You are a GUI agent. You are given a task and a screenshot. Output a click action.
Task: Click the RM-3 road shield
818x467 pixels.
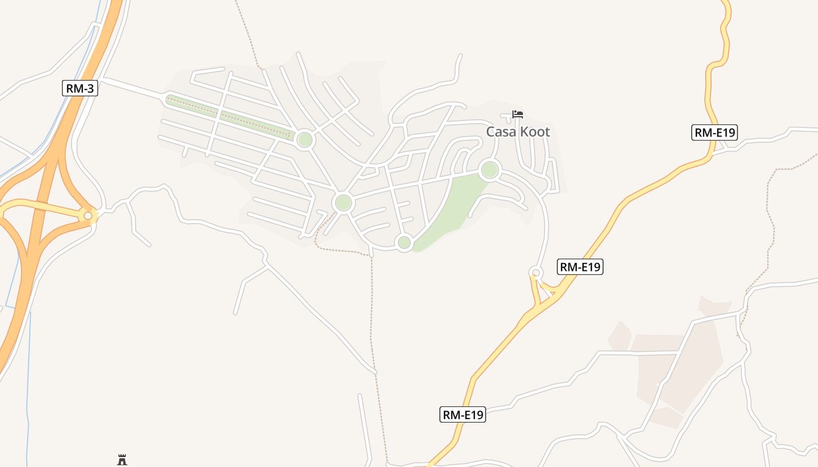79,89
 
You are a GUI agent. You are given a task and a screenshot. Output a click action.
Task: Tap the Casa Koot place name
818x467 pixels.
518,132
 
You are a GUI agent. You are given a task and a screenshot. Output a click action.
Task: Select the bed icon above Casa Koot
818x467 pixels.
517,114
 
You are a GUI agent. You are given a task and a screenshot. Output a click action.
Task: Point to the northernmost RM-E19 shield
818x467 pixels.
715,133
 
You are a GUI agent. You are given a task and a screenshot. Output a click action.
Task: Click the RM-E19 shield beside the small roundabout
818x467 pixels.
580,267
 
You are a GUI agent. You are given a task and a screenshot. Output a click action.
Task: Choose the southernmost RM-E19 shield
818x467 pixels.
463,415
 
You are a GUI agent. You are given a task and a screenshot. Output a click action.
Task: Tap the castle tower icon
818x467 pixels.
122,460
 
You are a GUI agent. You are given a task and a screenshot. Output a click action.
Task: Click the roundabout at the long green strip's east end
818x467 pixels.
304,140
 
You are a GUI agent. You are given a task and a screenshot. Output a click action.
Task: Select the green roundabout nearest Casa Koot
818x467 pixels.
490,170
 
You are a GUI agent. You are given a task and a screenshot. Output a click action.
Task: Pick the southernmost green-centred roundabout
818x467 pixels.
404,242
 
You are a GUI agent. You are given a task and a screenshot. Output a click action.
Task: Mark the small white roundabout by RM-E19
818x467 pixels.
536,273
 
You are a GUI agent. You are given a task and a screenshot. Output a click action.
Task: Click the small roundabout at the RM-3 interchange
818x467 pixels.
88,216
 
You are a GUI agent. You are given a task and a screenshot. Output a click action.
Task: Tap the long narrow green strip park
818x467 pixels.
228,117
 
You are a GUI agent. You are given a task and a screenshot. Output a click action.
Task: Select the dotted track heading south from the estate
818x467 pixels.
372,327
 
